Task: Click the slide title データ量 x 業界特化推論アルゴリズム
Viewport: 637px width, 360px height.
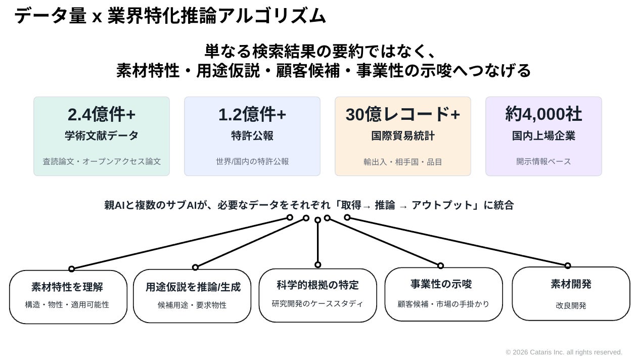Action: click(170, 16)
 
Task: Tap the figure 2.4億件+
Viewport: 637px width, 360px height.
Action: click(102, 114)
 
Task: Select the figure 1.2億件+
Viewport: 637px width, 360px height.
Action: click(252, 114)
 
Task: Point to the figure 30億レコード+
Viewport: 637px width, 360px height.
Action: click(402, 114)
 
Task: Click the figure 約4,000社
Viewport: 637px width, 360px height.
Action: click(543, 114)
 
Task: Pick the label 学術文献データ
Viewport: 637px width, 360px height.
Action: click(102, 136)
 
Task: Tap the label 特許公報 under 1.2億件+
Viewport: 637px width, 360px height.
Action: click(252, 136)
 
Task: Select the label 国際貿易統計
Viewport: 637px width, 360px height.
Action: click(402, 136)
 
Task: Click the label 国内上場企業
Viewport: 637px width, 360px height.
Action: click(543, 136)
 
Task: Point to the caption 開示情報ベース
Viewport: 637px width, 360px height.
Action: click(543, 161)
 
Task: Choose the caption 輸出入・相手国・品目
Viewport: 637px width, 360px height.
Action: click(402, 162)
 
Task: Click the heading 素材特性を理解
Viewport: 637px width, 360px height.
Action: click(67, 287)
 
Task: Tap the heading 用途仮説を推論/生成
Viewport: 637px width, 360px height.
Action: click(193, 287)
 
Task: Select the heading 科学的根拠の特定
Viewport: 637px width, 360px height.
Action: click(317, 285)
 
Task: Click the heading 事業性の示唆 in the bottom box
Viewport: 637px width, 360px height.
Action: click(441, 284)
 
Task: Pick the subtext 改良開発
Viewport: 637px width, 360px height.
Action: click(571, 305)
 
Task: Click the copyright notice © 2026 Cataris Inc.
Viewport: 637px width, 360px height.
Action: click(564, 352)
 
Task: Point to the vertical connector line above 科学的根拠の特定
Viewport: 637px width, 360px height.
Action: click(317, 243)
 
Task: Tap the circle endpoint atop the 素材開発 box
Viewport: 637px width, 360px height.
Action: click(568, 266)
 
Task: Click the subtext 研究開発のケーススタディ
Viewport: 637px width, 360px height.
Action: click(317, 304)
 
